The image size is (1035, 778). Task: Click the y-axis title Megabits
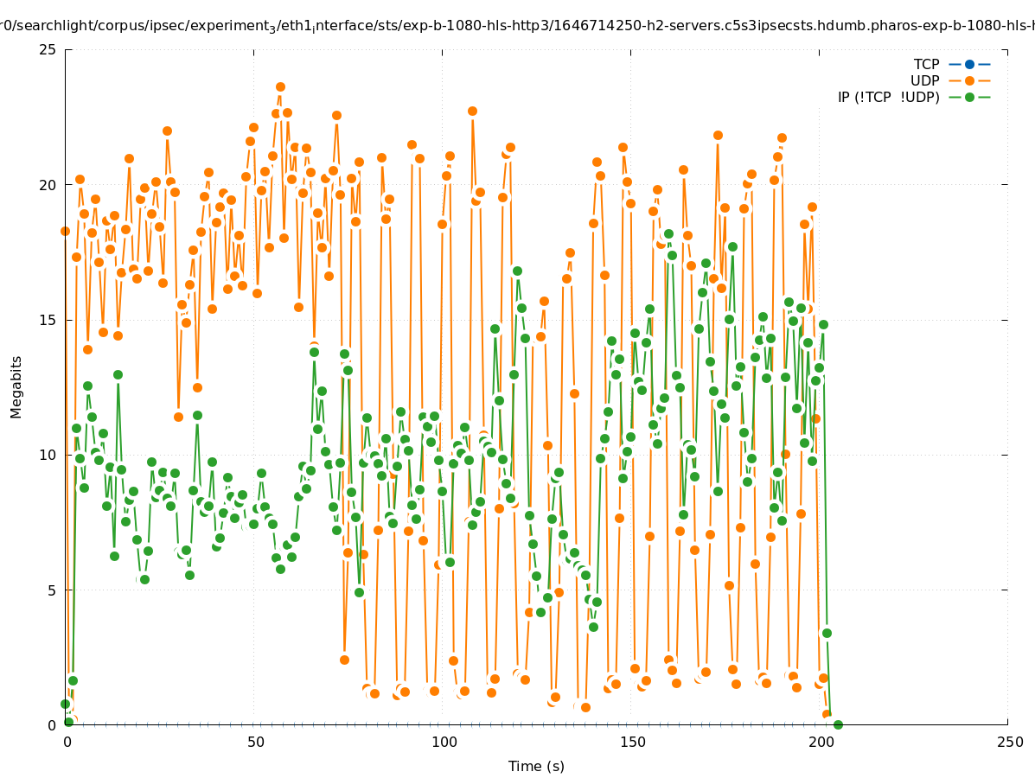(16, 386)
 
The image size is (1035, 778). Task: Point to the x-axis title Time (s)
(536, 766)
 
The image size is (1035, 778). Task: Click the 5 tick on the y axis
(52, 590)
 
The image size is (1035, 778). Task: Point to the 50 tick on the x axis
(255, 743)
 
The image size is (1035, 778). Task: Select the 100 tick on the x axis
(444, 743)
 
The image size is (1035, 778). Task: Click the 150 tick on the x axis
(632, 743)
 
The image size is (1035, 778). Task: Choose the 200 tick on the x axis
(821, 743)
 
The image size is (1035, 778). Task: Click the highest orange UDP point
(280, 86)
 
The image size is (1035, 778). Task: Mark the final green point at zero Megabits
(837, 724)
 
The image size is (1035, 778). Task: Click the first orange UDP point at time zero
(65, 231)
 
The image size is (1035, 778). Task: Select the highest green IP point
(668, 233)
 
